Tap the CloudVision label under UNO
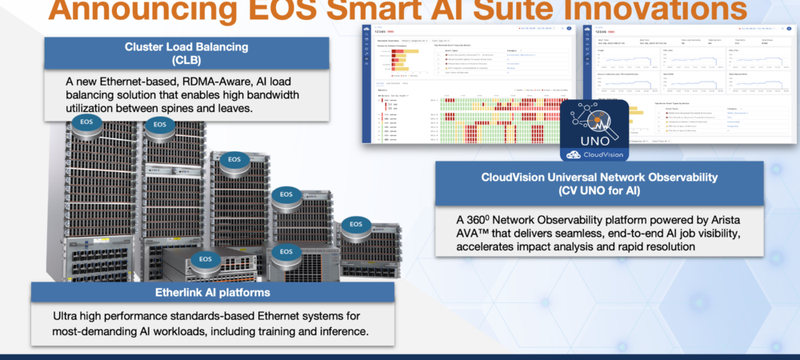click(601, 154)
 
